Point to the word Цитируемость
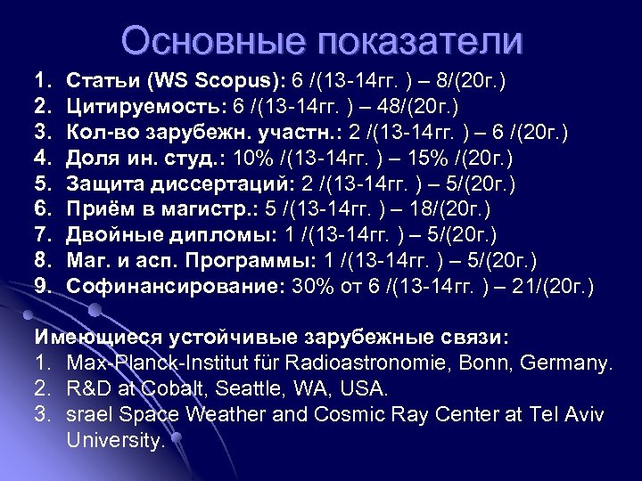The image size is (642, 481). [146, 108]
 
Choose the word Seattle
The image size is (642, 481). [246, 389]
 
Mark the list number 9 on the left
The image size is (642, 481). [41, 287]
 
